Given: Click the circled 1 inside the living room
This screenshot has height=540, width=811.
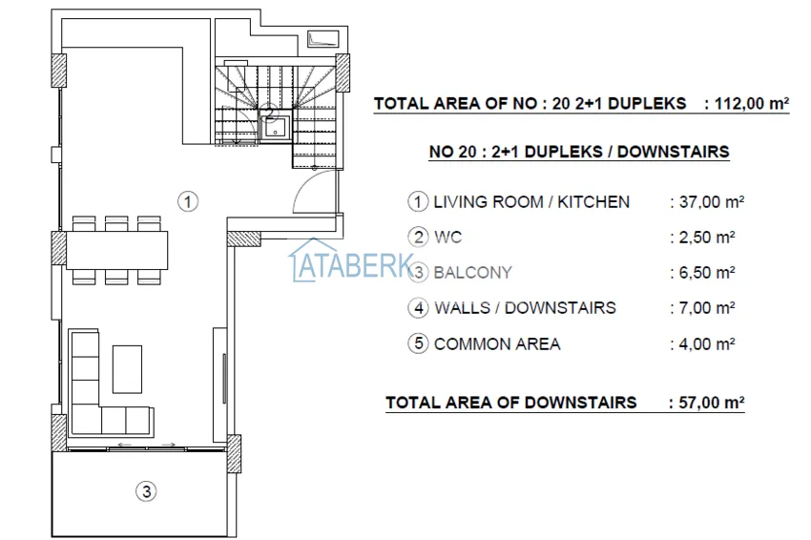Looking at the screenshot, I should [189, 201].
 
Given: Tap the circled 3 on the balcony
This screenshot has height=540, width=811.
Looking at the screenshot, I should [145, 492].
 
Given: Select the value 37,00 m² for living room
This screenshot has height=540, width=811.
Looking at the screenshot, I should [707, 202].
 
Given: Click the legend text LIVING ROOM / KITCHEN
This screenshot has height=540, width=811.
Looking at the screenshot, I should [531, 202].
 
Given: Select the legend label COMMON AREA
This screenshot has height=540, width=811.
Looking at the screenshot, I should [497, 343].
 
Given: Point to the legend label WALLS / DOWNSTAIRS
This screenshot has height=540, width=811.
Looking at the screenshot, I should [525, 308].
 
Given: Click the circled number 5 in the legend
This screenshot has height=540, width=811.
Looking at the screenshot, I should [417, 343].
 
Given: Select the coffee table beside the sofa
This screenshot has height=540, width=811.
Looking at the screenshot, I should [127, 367].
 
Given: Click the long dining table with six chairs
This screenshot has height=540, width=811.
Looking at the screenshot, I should [116, 249].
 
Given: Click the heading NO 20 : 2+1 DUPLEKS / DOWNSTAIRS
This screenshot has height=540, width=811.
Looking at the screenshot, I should [579, 152].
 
